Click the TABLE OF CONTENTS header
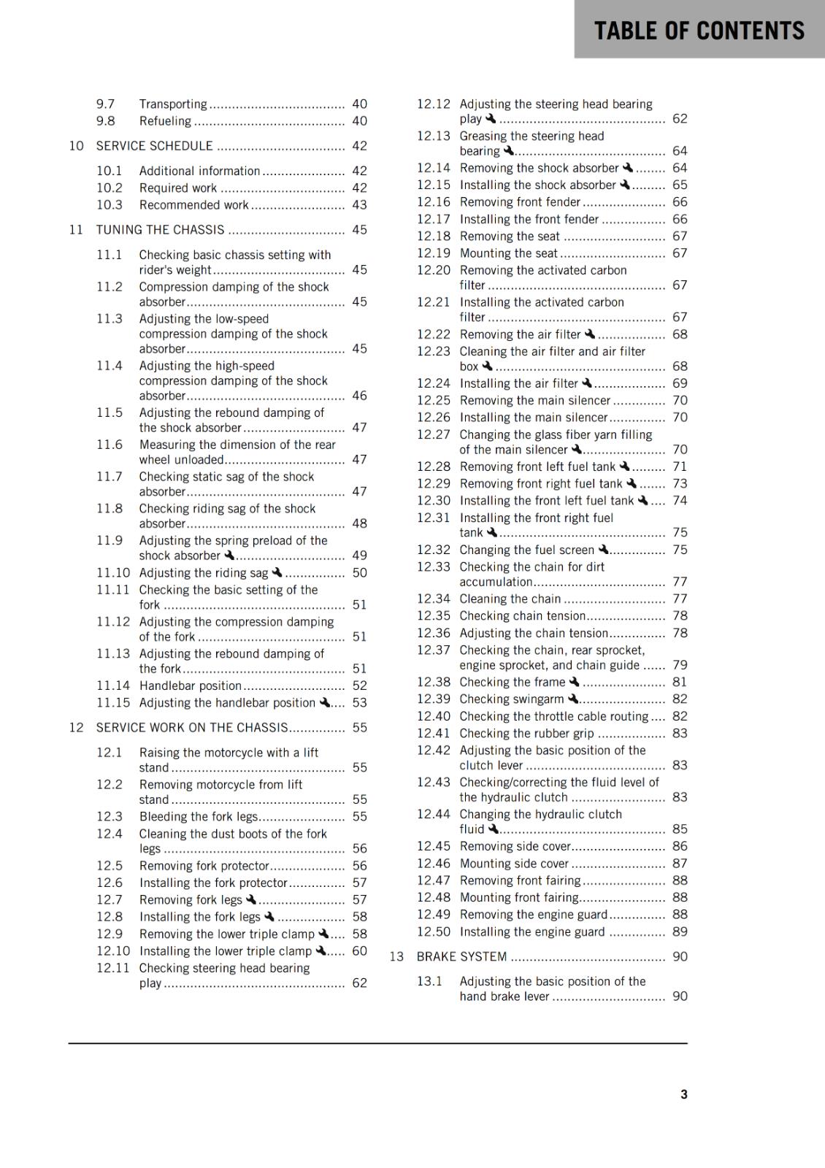coord(699,31)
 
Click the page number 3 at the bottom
coord(683,1094)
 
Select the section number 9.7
coord(106,104)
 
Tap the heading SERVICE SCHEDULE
coord(155,146)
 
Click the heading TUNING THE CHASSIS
coord(161,230)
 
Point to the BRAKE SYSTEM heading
coord(461,956)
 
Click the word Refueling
coord(166,121)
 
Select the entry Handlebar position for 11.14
coord(191,685)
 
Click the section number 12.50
coord(434,931)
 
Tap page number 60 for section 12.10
coord(359,951)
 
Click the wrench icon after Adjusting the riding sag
coord(277,573)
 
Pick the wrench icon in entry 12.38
coord(574,682)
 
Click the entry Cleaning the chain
coord(510,599)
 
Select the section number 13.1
coord(430,981)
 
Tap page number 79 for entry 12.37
coord(680,665)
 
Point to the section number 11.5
coord(110,412)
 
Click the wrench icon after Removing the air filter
coord(590,334)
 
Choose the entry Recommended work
coord(194,205)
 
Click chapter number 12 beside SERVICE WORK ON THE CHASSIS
coord(77,728)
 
